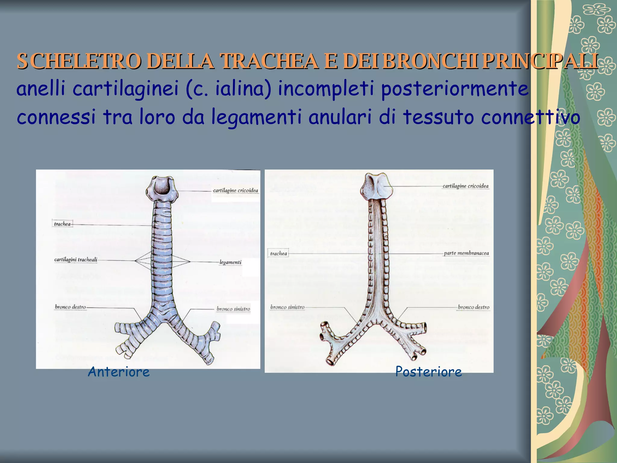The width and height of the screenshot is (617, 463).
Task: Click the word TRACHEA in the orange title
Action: point(269,61)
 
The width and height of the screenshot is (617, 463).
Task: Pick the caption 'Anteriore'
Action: point(119,372)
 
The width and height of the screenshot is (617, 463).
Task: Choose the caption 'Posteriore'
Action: point(428,372)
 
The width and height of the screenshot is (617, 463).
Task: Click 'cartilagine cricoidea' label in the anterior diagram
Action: point(235,191)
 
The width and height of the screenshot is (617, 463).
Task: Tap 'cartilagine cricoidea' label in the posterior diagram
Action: point(465,186)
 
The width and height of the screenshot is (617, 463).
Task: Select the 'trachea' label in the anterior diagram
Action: point(62,224)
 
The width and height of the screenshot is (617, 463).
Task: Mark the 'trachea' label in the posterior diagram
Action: point(278,254)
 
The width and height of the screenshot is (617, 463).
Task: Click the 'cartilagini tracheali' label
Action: point(76,260)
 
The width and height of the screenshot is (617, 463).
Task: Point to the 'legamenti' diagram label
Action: point(230,262)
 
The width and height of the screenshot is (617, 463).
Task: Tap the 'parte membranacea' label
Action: point(466,253)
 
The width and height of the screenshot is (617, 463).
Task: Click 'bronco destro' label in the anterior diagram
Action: point(70,307)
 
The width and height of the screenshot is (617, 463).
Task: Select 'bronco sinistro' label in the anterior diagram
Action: point(233,309)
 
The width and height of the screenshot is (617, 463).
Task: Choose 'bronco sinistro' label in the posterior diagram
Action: point(287,307)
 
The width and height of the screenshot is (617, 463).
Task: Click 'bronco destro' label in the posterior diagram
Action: point(473,307)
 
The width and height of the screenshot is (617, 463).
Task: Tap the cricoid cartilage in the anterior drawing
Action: point(162,189)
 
